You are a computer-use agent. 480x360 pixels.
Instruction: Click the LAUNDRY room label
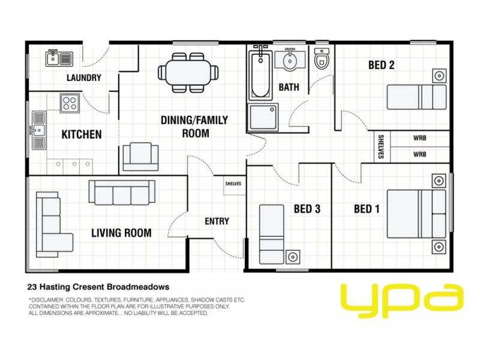tap(83, 77)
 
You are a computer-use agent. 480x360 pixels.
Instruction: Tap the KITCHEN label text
tap(82, 134)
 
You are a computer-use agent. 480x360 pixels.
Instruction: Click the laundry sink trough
tap(59, 58)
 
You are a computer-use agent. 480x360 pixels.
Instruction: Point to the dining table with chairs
tap(188, 73)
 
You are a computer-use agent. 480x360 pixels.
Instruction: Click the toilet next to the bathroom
tap(322, 59)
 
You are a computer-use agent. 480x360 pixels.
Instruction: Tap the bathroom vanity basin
tap(290, 61)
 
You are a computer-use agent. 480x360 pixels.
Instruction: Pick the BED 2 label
tap(381, 65)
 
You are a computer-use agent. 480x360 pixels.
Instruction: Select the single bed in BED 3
tap(271, 234)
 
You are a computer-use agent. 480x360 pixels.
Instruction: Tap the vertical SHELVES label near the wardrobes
tap(381, 146)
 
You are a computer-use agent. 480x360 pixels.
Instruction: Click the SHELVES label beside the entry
tap(233, 184)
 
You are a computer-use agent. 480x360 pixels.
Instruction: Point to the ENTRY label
tap(217, 221)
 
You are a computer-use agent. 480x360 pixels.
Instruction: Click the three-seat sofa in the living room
tap(122, 192)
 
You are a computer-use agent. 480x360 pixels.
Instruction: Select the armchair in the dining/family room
tap(140, 157)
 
